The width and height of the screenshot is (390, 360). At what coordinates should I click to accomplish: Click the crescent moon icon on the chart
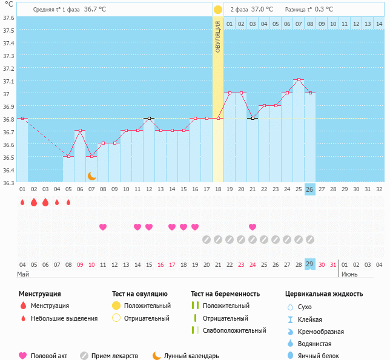(x=92, y=175)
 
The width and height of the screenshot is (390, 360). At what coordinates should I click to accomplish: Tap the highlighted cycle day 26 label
(x=309, y=189)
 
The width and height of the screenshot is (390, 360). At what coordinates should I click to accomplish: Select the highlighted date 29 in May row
(x=309, y=264)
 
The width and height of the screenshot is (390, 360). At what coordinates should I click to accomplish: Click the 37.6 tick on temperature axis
(x=8, y=18)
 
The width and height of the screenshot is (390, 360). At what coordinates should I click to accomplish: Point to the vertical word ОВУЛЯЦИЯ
(x=218, y=36)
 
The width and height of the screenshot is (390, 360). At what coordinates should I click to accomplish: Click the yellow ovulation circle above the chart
(x=218, y=10)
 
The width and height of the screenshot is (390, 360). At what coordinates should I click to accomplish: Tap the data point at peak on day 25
(x=298, y=80)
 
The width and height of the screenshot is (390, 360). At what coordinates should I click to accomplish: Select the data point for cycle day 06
(x=80, y=131)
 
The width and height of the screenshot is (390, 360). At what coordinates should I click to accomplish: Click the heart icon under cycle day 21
(x=253, y=227)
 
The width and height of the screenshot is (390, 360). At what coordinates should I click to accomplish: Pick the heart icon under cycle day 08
(x=103, y=227)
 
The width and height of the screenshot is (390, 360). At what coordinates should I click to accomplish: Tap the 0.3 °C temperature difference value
(x=324, y=10)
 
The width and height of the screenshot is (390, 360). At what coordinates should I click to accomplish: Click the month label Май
(x=23, y=274)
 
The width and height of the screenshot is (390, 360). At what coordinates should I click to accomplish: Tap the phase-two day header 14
(x=379, y=24)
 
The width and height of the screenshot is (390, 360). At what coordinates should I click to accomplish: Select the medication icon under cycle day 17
(x=207, y=240)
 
